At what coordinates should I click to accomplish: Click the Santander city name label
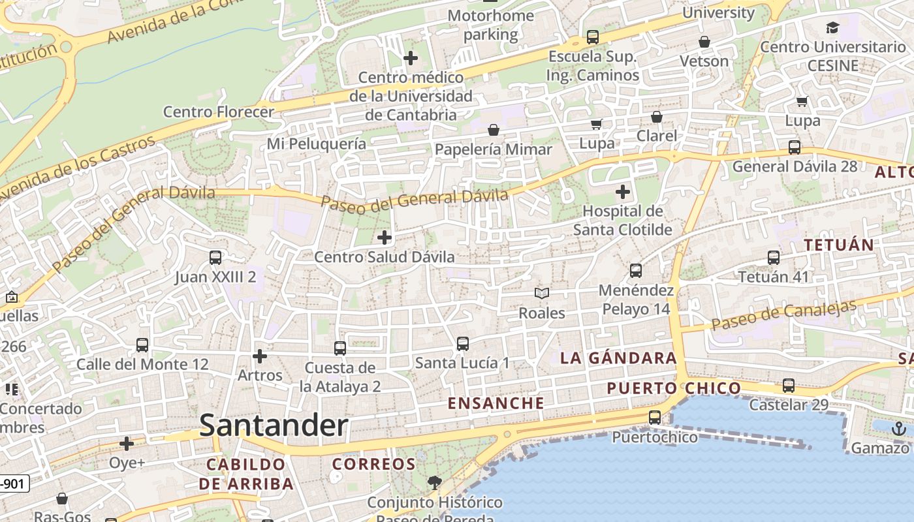coord(274,425)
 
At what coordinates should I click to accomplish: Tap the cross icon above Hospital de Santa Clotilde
coord(623,192)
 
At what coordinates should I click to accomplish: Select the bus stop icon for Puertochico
coord(655,418)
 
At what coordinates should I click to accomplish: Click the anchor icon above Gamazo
coord(899,429)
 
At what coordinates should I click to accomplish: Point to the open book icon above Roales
coord(542,294)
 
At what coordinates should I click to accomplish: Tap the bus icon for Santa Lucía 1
coord(463,343)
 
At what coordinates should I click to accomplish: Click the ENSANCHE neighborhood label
coord(496,403)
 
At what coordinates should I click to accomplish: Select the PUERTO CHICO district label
coord(674,389)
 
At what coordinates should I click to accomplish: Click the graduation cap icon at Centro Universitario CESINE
coord(832,27)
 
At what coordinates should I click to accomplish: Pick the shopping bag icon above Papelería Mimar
coord(494,130)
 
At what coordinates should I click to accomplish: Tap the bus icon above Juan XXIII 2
coord(215,258)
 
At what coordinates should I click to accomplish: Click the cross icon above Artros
coord(260,356)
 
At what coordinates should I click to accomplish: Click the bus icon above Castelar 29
coord(789,386)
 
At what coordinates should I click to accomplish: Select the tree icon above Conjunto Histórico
coord(434,483)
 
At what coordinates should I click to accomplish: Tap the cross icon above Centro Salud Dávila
coord(385,237)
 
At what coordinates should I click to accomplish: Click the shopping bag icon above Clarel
coord(657,117)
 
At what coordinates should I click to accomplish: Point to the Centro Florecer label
coord(218,112)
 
